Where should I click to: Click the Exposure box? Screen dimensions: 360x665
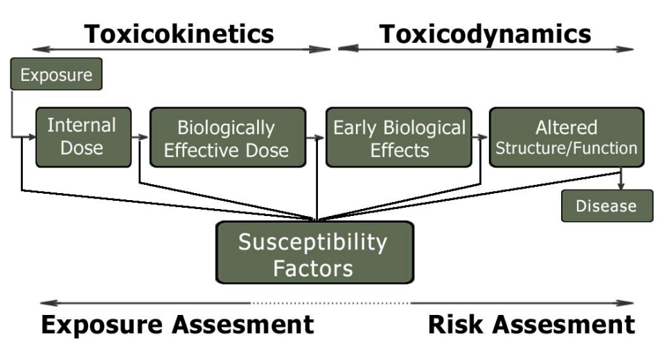click(x=56, y=74)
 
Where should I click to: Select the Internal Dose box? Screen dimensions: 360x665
click(x=82, y=136)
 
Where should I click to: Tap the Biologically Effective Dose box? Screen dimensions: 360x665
click(x=227, y=137)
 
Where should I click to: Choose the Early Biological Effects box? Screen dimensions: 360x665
click(x=399, y=137)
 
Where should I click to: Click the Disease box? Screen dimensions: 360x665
click(x=607, y=206)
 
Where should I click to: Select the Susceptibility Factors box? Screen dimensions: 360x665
click(x=314, y=253)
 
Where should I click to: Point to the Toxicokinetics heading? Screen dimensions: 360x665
click(x=179, y=33)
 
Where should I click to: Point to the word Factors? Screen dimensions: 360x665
click(x=313, y=267)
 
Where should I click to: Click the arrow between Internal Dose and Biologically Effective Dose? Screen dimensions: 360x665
click(x=141, y=137)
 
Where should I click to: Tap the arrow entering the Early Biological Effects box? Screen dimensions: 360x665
click(x=319, y=137)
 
